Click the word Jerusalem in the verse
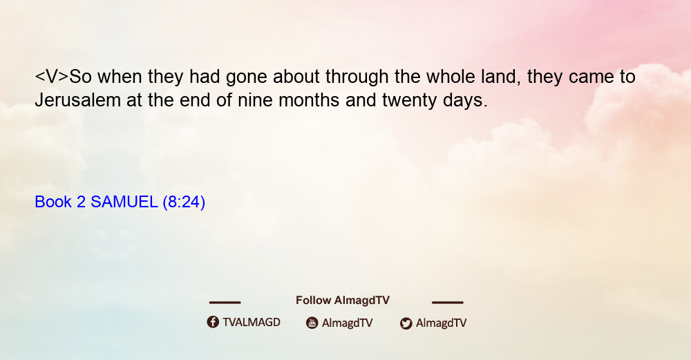pos(77,100)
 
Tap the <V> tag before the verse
pos(52,77)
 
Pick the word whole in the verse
pos(450,77)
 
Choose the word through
pos(357,77)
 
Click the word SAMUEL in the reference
pos(124,202)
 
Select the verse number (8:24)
pos(184,202)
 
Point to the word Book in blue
pos(53,202)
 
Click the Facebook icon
pos(213,322)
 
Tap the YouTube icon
pos(312,323)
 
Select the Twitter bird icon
pos(406,323)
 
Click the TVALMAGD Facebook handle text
pos(252,322)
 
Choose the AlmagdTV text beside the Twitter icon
pos(441,323)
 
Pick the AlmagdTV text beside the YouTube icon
pos(348,323)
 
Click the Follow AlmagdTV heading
pos(343,300)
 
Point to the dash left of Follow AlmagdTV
pos(225,303)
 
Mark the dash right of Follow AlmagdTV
pos(448,303)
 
